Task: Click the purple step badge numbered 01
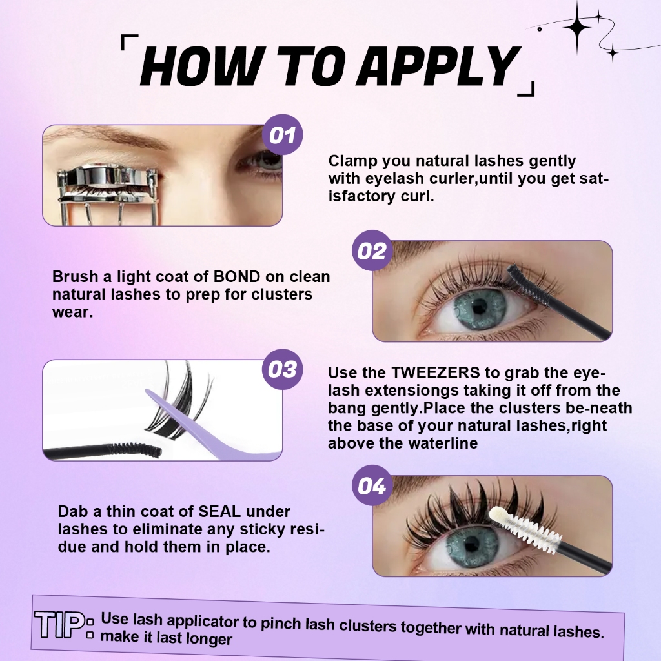283,134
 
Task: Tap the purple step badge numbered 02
372,250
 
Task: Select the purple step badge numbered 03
283,369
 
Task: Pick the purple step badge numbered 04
372,485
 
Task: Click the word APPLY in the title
438,66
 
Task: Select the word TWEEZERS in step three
436,372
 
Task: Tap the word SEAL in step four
219,511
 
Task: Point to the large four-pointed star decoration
577,26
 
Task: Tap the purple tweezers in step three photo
211,426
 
